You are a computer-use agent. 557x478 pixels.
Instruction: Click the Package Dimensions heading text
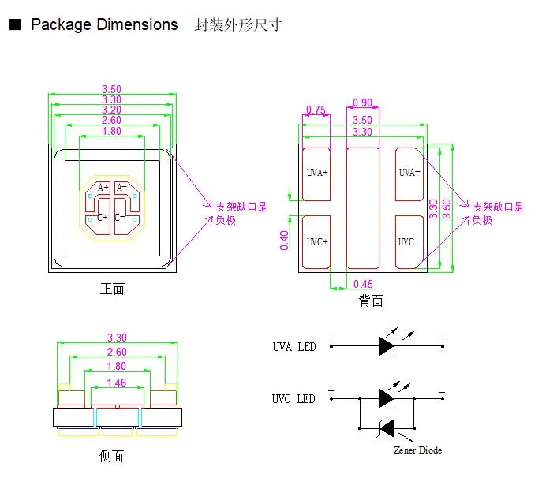point(104,24)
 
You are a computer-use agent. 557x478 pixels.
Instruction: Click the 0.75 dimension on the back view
point(316,110)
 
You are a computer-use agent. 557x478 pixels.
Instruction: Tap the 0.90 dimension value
point(363,103)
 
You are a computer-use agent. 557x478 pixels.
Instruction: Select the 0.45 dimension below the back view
point(364,284)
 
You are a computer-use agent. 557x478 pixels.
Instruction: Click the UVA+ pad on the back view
point(317,172)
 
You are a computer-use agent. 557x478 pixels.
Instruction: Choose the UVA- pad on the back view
point(409,172)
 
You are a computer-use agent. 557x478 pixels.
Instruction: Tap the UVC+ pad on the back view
point(317,241)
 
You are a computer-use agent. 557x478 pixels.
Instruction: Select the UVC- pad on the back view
point(409,241)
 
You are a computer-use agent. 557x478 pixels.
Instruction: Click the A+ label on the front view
point(103,188)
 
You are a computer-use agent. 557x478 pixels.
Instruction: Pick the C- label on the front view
point(121,218)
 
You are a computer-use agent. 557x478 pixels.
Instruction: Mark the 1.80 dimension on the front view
point(112,131)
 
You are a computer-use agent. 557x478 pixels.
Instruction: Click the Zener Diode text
point(417,450)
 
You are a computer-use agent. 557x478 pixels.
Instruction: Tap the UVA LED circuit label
point(293,347)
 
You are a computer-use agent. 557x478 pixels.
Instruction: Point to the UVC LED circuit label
point(293,398)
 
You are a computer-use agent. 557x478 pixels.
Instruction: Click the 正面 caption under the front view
point(112,289)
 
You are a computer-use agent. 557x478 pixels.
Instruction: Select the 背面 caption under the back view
point(371,301)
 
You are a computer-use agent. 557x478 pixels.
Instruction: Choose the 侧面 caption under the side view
point(112,456)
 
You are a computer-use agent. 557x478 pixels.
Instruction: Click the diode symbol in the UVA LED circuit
point(387,345)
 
